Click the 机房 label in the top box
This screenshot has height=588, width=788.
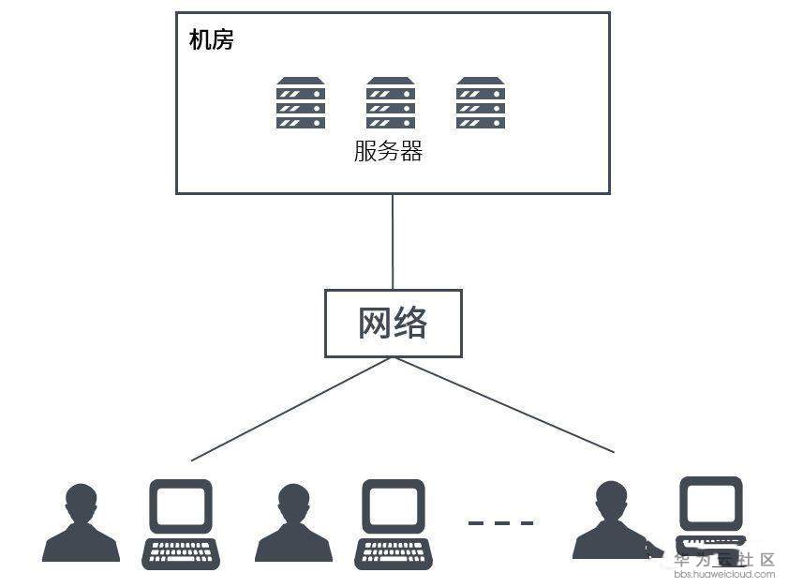211,40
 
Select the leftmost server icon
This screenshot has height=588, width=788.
300,103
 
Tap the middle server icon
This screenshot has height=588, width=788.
390,103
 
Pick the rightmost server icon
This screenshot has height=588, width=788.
480,103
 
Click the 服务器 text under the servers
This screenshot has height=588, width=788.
388,151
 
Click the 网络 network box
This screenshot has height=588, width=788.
393,323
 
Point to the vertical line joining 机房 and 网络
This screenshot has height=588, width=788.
393,241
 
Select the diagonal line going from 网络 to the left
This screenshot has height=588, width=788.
290,410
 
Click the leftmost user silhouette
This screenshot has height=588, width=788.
82,525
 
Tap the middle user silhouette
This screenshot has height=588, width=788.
293,525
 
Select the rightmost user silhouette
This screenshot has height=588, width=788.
611,523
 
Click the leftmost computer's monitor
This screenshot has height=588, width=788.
181,506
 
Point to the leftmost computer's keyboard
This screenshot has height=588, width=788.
181,552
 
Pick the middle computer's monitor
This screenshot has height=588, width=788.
394,506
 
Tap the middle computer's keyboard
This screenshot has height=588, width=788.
394,552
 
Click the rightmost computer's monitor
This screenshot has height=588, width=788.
711,505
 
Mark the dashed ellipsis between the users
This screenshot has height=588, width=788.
500,522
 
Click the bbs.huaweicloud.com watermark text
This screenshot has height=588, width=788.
724,574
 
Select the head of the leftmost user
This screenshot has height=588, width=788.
82,499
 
